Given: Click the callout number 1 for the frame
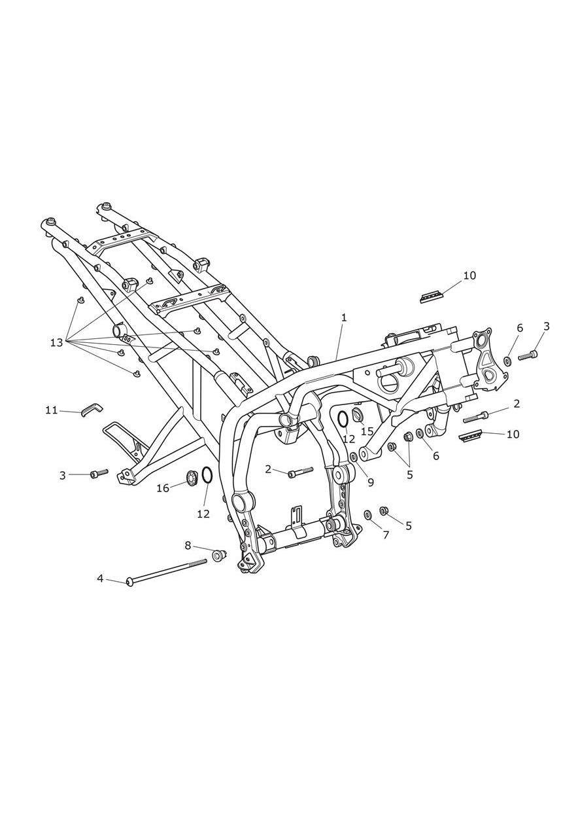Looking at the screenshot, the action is tap(343, 317).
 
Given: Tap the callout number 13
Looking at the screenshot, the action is tap(57, 343).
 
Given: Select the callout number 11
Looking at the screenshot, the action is tap(52, 410).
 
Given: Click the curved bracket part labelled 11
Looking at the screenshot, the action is tap(92, 412).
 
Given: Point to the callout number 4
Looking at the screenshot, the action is tap(100, 578).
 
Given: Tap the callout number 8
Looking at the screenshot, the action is tap(188, 546).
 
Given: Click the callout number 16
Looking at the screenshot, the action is tap(163, 488).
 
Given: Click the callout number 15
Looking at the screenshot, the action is tap(367, 431).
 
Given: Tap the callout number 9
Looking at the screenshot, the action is tap(370, 483).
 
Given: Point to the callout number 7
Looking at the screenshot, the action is tap(386, 535).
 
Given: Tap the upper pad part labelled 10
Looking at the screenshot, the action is tap(431, 297).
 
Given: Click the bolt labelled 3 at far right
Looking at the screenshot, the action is tap(528, 354).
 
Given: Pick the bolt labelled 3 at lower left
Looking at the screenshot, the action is tap(99, 473).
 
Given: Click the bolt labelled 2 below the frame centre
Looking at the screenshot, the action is tap(301, 471).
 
